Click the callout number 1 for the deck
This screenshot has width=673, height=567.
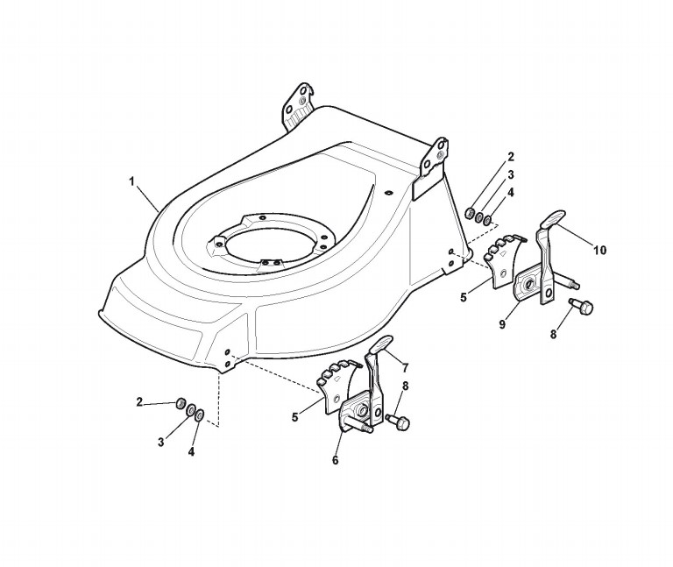pyautogui.click(x=132, y=181)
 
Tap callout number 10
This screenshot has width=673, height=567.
pyautogui.click(x=599, y=250)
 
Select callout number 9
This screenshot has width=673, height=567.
pyautogui.click(x=502, y=324)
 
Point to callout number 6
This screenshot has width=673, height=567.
pyautogui.click(x=336, y=460)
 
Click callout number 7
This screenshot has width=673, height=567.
pyautogui.click(x=405, y=368)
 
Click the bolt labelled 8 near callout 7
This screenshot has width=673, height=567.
pyautogui.click(x=398, y=422)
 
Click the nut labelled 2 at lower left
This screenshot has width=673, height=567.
pyautogui.click(x=181, y=403)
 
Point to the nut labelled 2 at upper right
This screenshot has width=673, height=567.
pyautogui.click(x=471, y=213)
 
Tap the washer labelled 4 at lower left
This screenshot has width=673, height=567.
pyautogui.click(x=200, y=415)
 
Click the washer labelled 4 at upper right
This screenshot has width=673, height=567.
pyautogui.click(x=487, y=221)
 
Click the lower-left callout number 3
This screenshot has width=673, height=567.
pyautogui.click(x=161, y=442)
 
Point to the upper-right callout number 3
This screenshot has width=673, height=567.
pyautogui.click(x=511, y=174)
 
